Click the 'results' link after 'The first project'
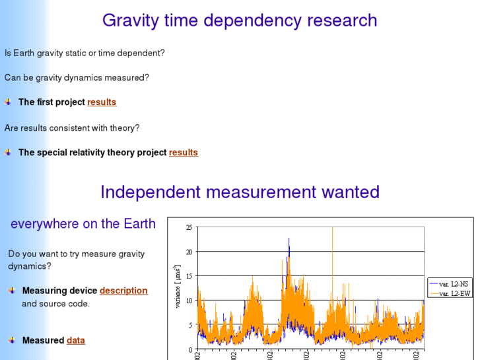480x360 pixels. (x=102, y=102)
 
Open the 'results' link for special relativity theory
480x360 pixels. (x=184, y=153)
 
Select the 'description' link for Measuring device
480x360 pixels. (x=123, y=291)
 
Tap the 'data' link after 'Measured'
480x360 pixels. (x=76, y=341)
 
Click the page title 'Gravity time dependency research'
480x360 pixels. (x=240, y=20)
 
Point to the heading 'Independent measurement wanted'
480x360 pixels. (x=240, y=192)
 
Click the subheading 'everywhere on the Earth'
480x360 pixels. (x=83, y=224)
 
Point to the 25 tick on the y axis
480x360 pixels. (x=189, y=227)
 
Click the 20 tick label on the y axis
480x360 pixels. (x=189, y=252)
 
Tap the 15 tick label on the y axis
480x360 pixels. (x=189, y=276)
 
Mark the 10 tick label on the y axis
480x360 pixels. (x=189, y=301)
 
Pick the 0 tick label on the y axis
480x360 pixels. (x=190, y=349)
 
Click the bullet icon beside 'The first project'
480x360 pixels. (x=8, y=102)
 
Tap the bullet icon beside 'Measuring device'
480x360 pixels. (x=12, y=290)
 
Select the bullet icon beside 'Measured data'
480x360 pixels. (x=12, y=340)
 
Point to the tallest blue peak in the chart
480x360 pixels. (x=289, y=239)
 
